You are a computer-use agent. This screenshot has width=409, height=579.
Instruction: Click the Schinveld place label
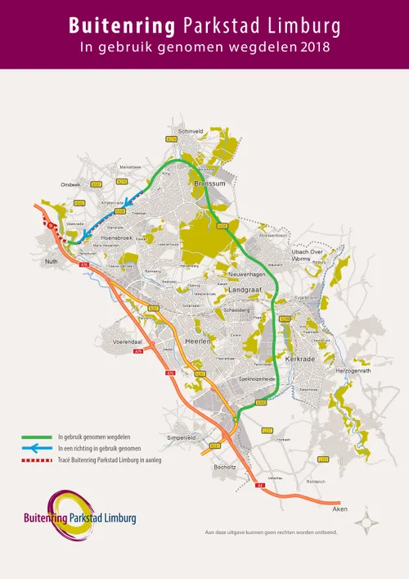click(190, 130)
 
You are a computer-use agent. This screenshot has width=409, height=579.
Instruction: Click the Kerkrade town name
click(300, 358)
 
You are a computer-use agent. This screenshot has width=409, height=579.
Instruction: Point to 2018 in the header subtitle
click(315, 47)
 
